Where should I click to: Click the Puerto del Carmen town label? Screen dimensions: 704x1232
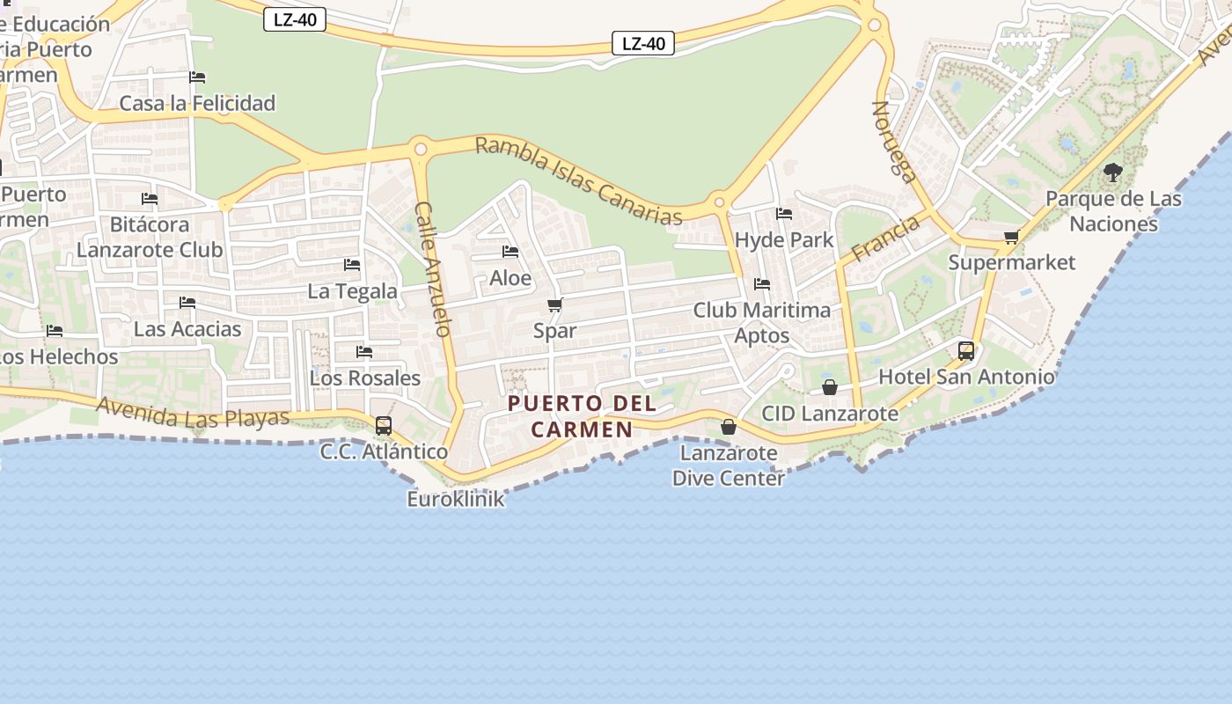583,416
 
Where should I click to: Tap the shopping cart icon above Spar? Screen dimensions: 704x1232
554,305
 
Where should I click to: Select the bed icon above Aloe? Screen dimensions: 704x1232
510,252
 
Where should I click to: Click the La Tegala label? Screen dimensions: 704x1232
352,291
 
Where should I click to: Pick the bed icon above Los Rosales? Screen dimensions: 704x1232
364,352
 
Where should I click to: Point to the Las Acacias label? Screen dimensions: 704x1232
187,329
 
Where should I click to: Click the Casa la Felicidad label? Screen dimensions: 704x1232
197,103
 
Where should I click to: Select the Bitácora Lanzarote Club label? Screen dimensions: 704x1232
150,237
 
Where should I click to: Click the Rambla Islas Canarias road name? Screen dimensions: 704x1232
578,180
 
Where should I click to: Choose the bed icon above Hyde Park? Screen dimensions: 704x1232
784,214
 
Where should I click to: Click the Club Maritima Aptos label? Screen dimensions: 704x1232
762,322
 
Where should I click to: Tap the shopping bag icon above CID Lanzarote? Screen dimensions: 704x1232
830,387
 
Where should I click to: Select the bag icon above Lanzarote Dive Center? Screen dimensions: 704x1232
729,427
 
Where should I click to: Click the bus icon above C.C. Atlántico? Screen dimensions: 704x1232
384,426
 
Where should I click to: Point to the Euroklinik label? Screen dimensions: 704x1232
456,499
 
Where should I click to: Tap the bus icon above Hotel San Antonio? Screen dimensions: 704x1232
966,351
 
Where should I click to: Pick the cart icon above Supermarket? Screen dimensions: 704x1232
1012,237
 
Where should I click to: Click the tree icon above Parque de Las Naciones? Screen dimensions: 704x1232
1113,172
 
